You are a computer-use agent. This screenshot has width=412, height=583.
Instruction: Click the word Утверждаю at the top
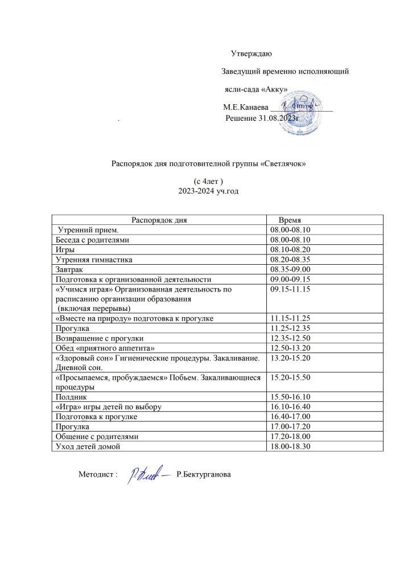252,54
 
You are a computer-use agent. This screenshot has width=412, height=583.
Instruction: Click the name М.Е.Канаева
245,106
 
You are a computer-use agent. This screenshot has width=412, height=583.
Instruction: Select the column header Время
290,220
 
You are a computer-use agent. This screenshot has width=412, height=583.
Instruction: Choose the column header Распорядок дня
159,220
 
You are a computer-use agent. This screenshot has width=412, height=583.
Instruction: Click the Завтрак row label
68,269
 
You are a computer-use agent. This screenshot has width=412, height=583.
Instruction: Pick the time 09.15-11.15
289,289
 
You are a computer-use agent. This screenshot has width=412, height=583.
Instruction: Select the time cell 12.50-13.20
289,348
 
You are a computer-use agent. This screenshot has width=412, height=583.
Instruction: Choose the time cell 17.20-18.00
289,436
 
